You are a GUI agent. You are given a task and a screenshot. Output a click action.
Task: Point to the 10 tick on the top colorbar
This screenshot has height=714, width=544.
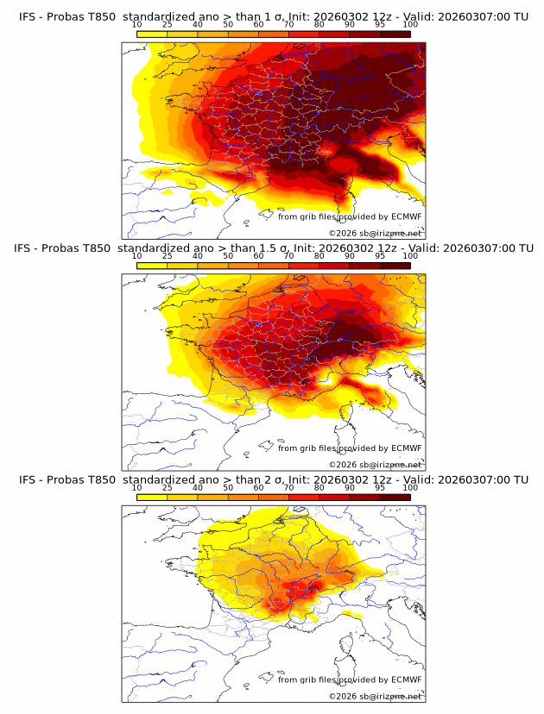[136, 24]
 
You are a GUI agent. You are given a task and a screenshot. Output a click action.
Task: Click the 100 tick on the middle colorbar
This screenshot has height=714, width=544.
[410, 256]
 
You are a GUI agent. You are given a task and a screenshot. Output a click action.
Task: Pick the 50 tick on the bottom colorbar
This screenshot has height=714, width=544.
[228, 488]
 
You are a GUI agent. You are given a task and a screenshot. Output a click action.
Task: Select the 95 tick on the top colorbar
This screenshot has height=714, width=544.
[380, 24]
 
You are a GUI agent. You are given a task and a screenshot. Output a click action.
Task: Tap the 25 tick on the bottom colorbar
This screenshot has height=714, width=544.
[167, 488]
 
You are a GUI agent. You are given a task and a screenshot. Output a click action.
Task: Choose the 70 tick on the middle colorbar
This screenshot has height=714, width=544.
[288, 256]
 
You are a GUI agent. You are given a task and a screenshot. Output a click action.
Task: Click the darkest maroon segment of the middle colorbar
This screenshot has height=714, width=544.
[395, 265]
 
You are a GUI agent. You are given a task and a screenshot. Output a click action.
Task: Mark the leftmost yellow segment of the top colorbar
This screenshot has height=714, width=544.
[151, 34]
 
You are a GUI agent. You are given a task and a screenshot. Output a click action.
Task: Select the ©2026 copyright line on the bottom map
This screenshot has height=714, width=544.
[375, 695]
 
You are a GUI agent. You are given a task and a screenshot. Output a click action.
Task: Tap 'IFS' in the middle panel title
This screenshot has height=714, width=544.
[27, 247]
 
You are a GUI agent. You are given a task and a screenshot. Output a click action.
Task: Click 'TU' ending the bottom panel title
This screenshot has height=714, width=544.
[521, 479]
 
